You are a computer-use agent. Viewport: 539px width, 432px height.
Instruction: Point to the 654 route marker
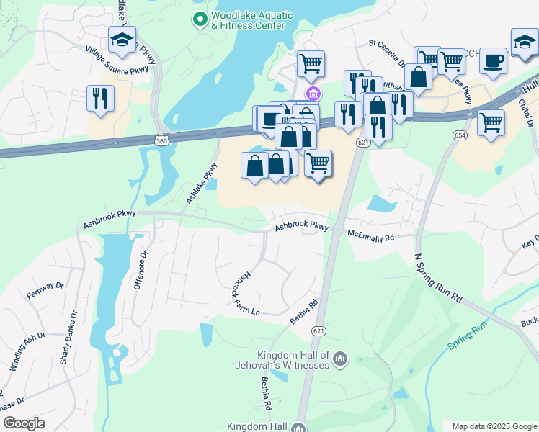tap(459, 135)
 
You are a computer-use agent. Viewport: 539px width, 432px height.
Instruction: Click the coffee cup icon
tap(494, 61)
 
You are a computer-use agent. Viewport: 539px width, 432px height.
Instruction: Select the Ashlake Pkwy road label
tap(201, 183)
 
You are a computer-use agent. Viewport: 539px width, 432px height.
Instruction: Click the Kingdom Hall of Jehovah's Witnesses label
tap(294, 360)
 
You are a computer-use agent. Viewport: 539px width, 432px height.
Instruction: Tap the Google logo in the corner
tap(24, 423)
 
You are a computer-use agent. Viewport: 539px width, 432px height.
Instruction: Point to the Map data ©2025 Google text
tap(494, 426)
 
